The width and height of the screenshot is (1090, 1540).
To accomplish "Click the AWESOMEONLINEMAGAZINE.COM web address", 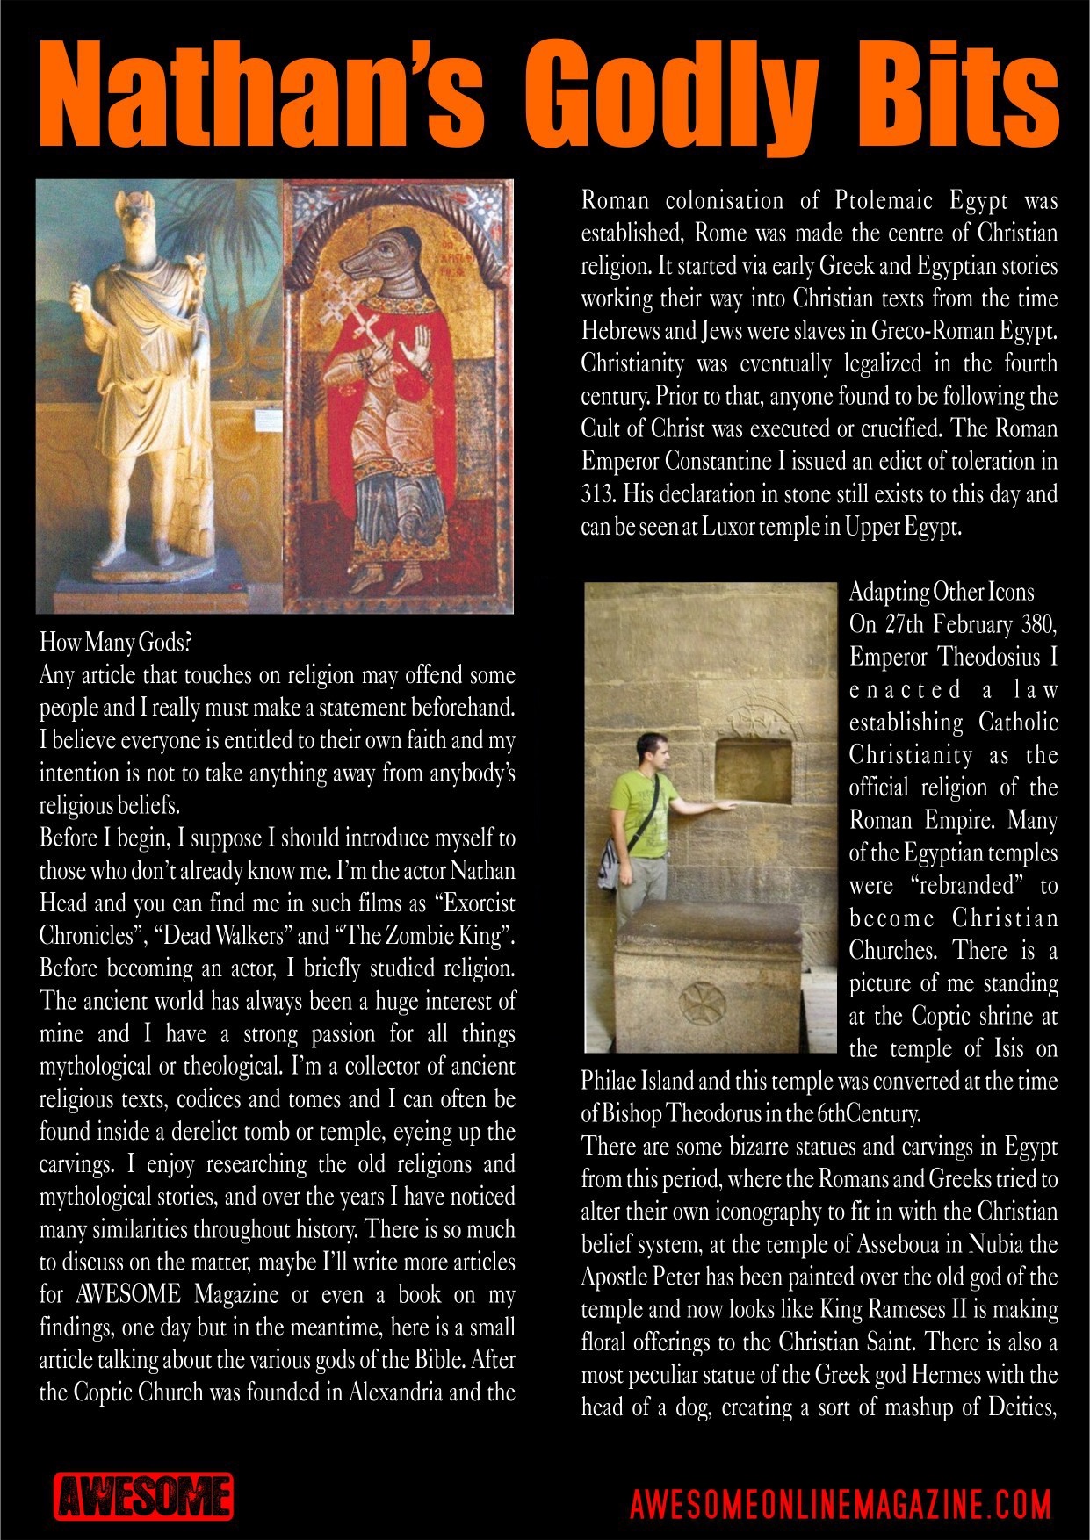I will [x=841, y=1504].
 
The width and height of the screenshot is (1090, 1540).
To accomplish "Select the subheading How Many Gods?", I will [x=115, y=642].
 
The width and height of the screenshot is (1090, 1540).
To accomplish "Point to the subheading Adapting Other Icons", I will [x=942, y=592].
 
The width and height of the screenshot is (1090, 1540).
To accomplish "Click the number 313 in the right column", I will [x=598, y=494].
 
